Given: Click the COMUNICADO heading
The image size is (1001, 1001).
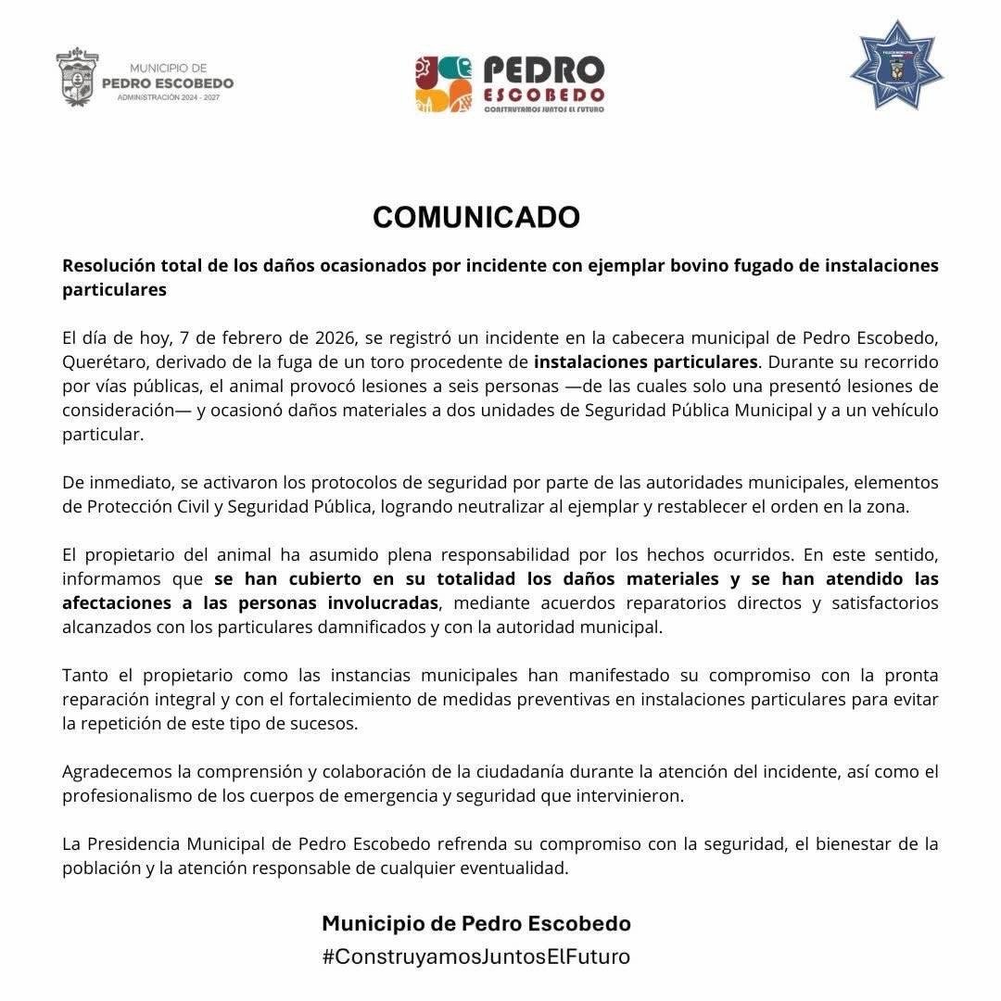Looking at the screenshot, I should point(476,217).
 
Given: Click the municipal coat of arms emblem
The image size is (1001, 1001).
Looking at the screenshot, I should point(76,77).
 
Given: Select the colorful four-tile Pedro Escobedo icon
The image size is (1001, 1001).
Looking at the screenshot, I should point(443,83).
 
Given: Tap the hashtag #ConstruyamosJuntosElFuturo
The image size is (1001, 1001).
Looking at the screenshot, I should point(476,957).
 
